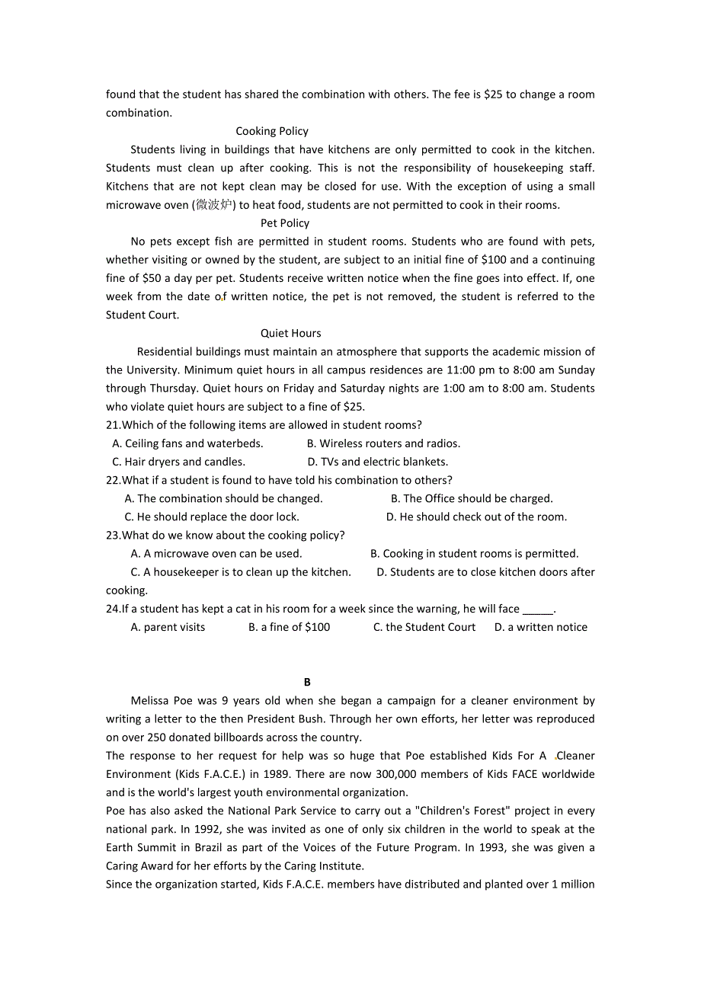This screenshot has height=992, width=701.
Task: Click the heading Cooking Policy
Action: [272, 131]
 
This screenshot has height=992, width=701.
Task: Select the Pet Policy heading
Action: [285, 223]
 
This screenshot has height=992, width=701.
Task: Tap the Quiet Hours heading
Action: [290, 333]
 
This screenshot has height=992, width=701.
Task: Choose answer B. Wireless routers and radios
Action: [383, 443]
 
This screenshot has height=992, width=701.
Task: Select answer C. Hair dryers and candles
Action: [178, 462]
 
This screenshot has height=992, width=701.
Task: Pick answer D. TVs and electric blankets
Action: [377, 462]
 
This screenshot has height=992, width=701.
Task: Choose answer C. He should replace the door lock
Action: [212, 517]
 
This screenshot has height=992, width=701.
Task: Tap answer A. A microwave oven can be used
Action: [216, 554]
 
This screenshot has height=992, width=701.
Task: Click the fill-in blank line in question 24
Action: [538, 610]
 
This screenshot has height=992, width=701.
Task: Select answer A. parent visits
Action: [168, 627]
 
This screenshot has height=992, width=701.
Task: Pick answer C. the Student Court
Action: [424, 627]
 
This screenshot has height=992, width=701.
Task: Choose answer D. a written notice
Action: [540, 627]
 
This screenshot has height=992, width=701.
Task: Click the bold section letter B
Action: [307, 683]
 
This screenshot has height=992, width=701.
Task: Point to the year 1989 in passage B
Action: [277, 774]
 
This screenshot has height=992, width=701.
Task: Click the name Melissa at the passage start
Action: [152, 701]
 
